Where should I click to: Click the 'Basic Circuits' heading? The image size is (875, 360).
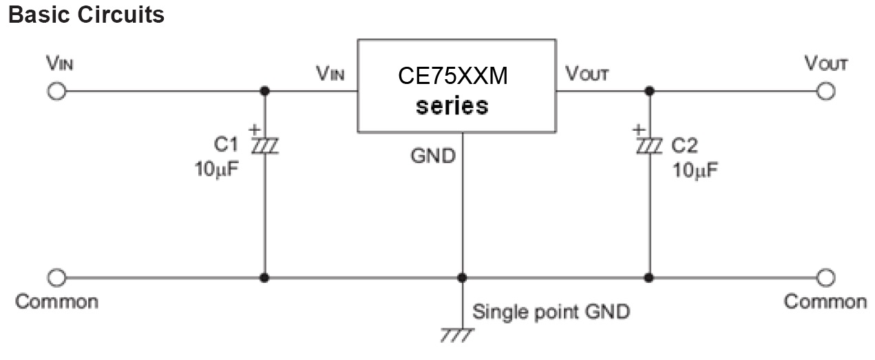[x=86, y=14]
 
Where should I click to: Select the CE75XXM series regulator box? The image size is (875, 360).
[x=455, y=86]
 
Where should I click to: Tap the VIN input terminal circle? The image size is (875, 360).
[x=58, y=91]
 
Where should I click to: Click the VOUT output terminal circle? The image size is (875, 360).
[x=825, y=91]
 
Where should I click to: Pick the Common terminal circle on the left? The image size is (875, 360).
[x=58, y=277]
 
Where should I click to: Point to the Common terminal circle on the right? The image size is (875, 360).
[x=825, y=277]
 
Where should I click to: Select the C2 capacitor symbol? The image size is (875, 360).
[x=648, y=145]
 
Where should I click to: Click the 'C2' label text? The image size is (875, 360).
[x=686, y=145]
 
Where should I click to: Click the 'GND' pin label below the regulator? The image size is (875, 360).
[x=432, y=156]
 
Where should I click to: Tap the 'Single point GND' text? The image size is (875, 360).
[x=551, y=312]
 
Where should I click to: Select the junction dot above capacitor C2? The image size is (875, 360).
[x=648, y=91]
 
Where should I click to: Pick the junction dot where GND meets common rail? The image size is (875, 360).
[x=462, y=277]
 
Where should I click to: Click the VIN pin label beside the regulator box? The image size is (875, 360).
[x=330, y=74]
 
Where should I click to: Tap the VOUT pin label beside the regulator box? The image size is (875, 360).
[x=587, y=74]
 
